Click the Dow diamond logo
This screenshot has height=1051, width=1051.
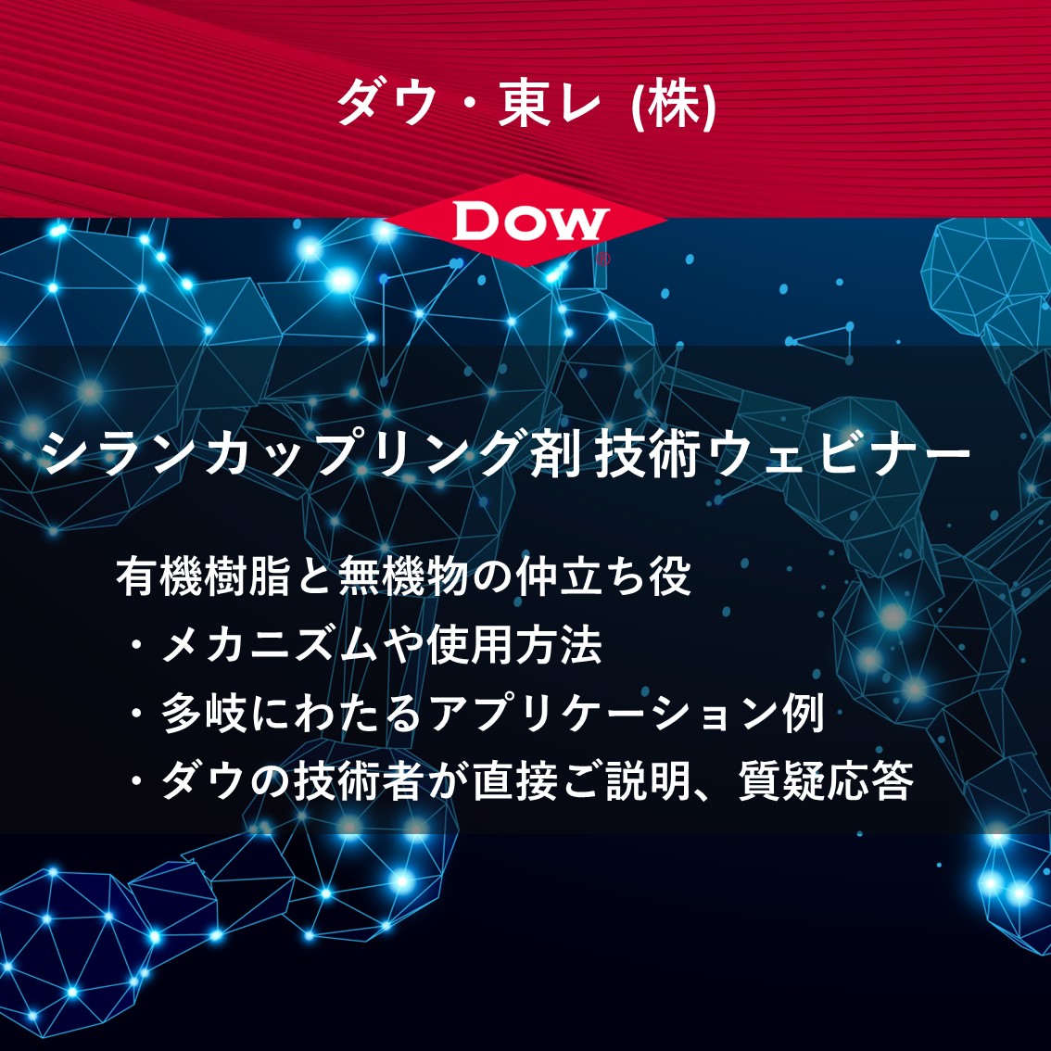tap(525, 221)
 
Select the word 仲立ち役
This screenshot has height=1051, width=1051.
tap(602, 576)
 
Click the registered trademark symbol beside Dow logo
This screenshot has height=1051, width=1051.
tap(603, 260)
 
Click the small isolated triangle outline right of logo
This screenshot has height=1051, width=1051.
tap(828, 344)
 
